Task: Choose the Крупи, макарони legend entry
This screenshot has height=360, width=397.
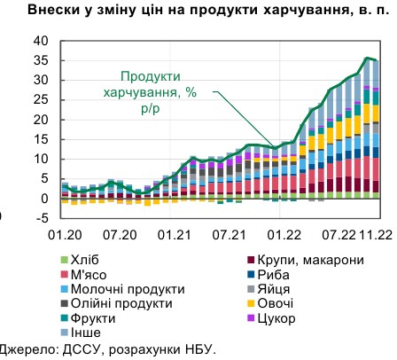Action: pos(300,260)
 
